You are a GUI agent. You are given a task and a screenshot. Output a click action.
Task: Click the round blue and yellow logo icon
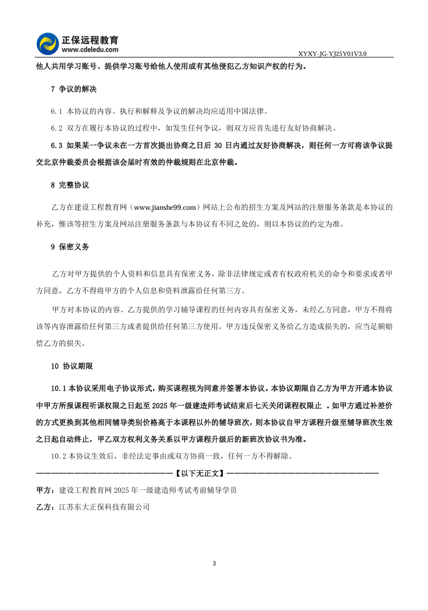[x=48, y=44]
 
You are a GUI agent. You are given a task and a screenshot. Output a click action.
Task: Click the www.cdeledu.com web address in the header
[x=90, y=49]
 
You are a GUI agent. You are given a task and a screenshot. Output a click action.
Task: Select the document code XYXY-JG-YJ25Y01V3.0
[x=333, y=54]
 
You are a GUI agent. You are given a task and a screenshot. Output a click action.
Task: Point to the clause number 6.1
[x=57, y=111]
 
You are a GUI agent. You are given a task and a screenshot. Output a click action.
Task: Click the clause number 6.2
[x=57, y=128]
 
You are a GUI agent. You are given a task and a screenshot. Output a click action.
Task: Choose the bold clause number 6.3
[x=57, y=146]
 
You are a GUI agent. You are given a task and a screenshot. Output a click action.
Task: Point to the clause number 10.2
[x=59, y=456]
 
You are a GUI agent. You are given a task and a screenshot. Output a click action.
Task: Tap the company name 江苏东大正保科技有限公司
[x=104, y=507]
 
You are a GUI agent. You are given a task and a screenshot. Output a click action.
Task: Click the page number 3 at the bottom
[x=214, y=564]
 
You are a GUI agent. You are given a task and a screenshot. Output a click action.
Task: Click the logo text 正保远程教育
[x=90, y=40]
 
